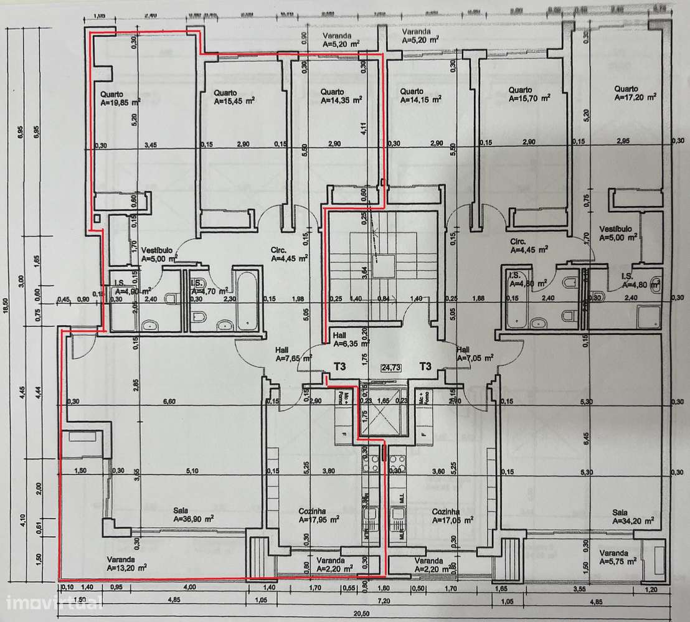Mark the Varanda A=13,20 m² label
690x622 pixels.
(x=126, y=563)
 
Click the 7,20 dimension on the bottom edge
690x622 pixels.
(x=384, y=601)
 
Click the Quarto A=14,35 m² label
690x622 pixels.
(x=341, y=95)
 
